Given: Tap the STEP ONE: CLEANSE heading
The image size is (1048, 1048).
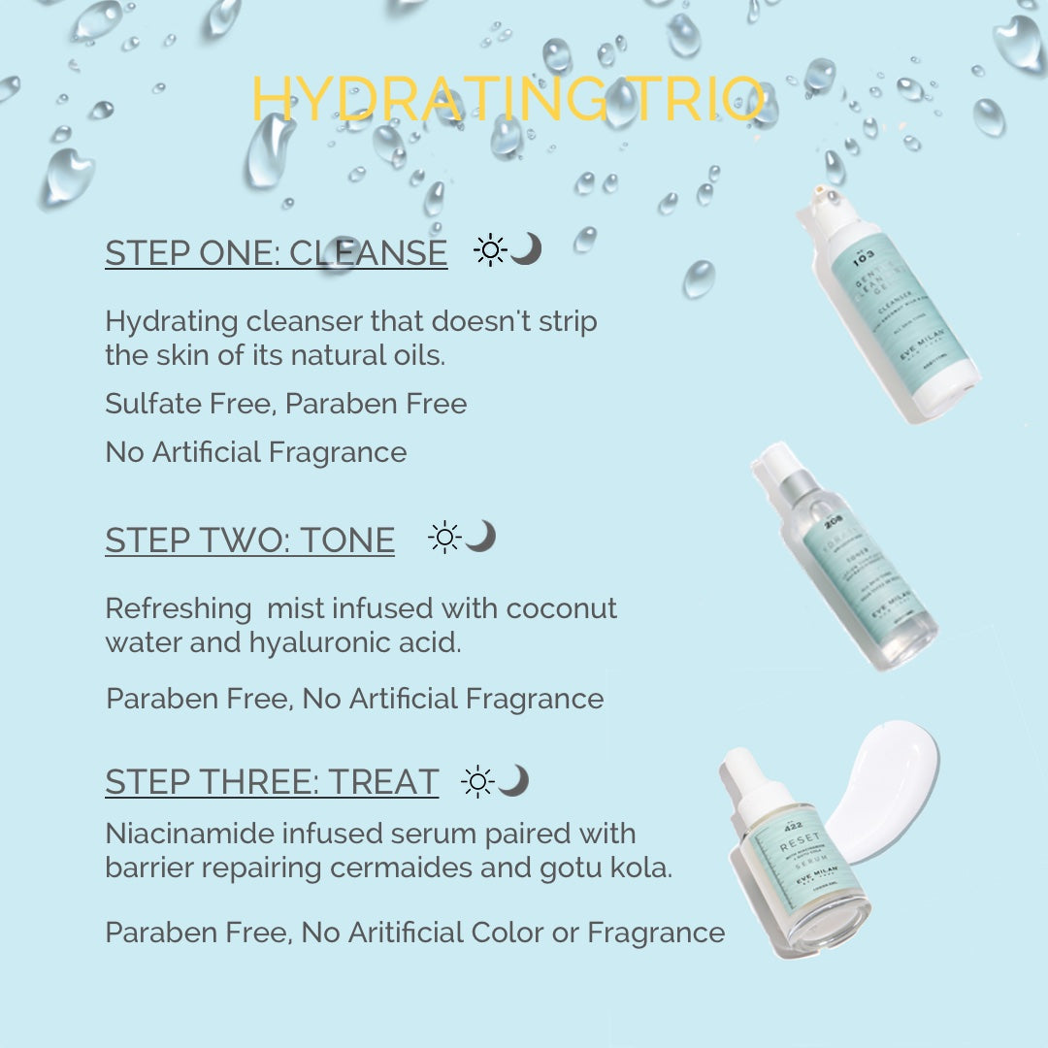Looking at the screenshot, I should [x=276, y=252].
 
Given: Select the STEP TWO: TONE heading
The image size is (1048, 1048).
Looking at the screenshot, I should [x=249, y=540].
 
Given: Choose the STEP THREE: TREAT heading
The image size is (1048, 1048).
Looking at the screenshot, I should [x=272, y=782].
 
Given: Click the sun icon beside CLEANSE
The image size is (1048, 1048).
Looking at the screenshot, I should [x=489, y=251].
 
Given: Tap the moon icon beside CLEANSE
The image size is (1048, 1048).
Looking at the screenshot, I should [x=526, y=249].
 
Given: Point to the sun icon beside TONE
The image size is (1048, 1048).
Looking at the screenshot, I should [x=444, y=538].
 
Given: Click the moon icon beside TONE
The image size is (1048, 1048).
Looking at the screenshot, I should [x=480, y=536].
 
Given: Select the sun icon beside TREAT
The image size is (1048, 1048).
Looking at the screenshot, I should [x=477, y=781].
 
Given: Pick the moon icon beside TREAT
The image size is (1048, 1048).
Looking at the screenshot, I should [x=514, y=779].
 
